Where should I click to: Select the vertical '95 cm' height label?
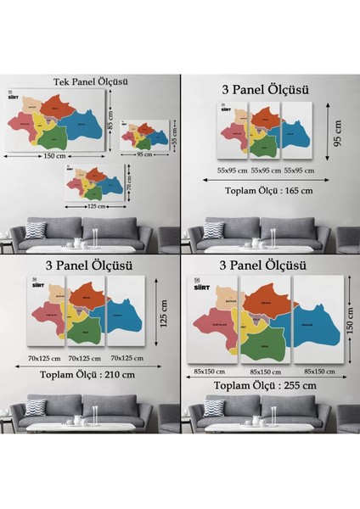[x=337, y=131]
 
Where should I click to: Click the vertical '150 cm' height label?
[x=348, y=321]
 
